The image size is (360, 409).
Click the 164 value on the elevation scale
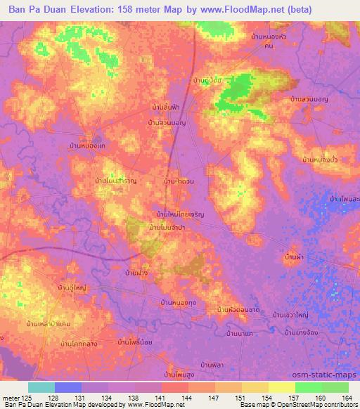(x=346, y=398)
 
